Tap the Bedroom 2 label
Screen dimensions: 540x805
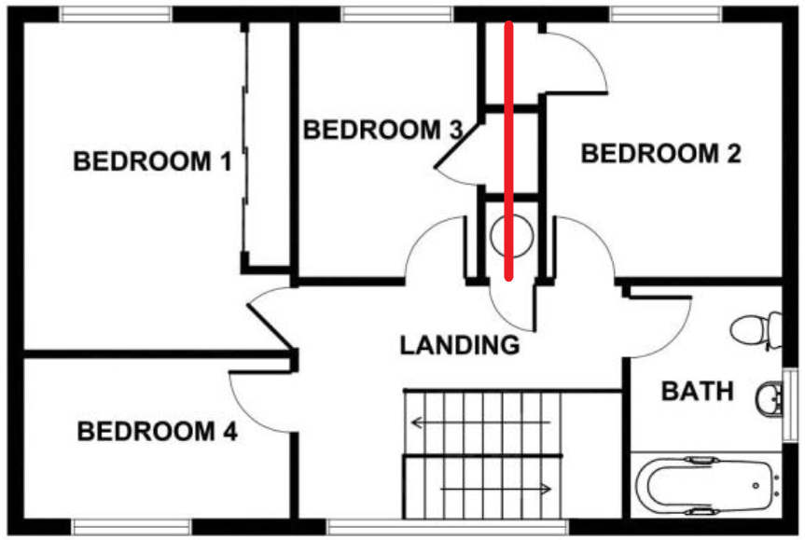click(x=660, y=154)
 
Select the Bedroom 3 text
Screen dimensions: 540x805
click(x=382, y=130)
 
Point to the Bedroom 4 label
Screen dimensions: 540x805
click(x=157, y=433)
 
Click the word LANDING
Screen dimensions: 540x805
click(x=459, y=346)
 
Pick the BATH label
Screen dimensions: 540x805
click(x=698, y=392)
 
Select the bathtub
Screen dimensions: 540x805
click(x=707, y=485)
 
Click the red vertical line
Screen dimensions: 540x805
click(x=508, y=149)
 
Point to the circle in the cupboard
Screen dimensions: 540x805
click(x=511, y=236)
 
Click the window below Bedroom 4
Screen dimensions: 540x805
click(x=132, y=527)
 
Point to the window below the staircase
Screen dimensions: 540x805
click(x=448, y=528)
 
